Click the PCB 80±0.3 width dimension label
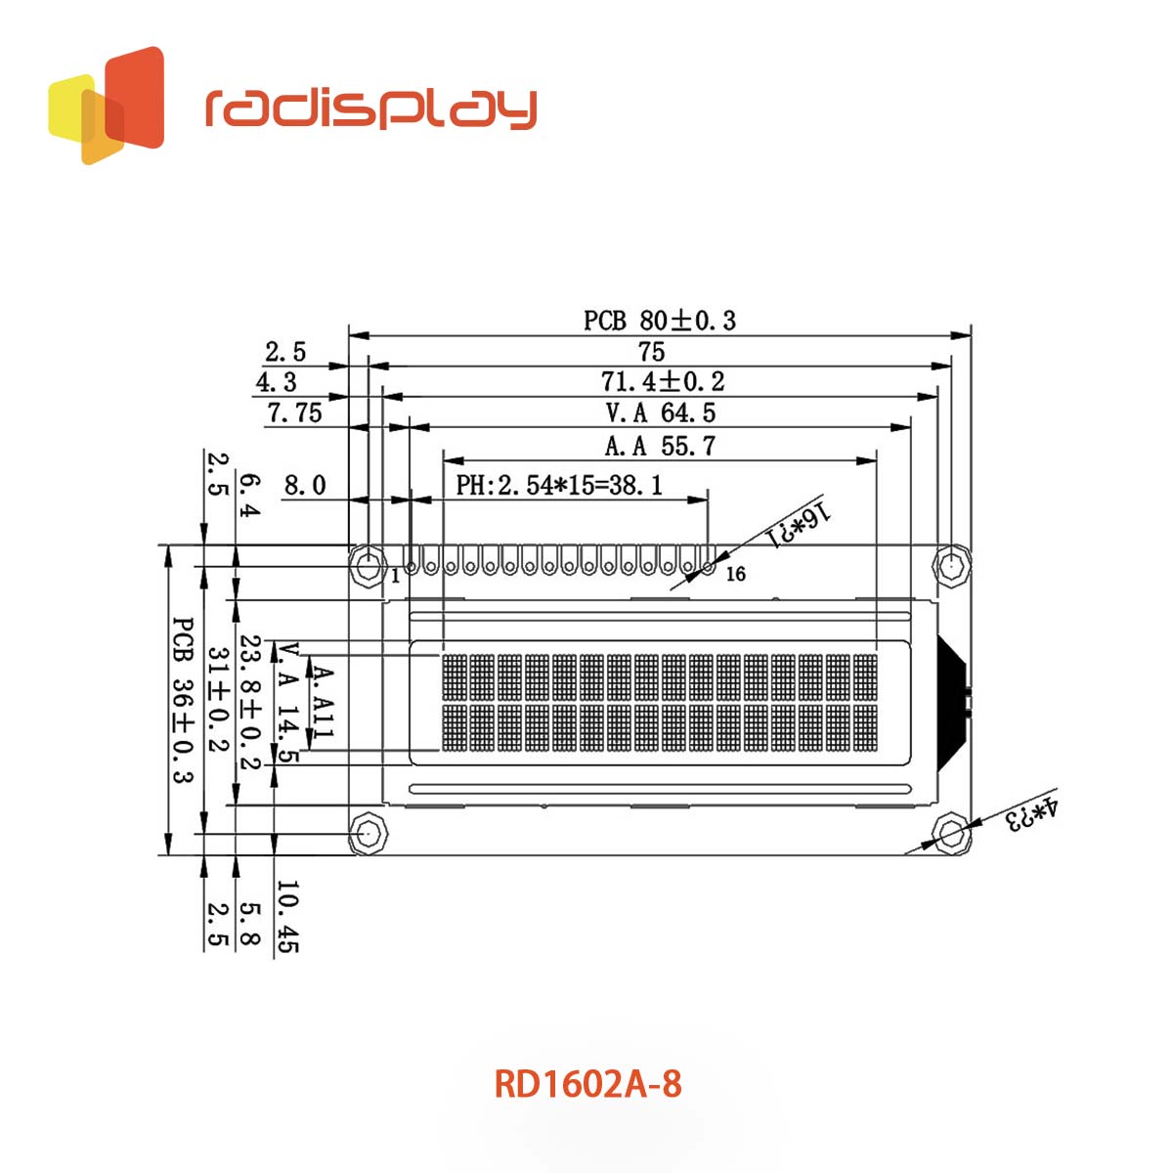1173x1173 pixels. pyautogui.click(x=660, y=320)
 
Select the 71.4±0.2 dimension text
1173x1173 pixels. pyautogui.click(x=663, y=381)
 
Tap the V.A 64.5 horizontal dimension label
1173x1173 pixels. pyautogui.click(x=661, y=413)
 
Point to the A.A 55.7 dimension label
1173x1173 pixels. pyautogui.click(x=661, y=446)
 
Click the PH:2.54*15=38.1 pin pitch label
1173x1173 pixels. pyautogui.click(x=559, y=485)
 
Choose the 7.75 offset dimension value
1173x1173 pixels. pyautogui.click(x=294, y=413)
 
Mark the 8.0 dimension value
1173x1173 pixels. pyautogui.click(x=304, y=485)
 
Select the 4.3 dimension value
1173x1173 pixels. pyautogui.click(x=276, y=382)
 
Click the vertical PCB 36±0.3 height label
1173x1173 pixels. pyautogui.click(x=182, y=700)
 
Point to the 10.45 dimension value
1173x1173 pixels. pyautogui.click(x=287, y=917)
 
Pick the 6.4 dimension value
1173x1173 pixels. pyautogui.click(x=250, y=496)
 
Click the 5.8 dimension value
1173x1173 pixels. pyautogui.click(x=250, y=924)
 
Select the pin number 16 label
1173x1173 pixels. pyautogui.click(x=735, y=574)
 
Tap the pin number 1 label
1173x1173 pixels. pyautogui.click(x=395, y=576)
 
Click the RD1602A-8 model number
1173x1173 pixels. pyautogui.click(x=587, y=1084)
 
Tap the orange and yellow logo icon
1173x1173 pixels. pyautogui.click(x=107, y=105)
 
